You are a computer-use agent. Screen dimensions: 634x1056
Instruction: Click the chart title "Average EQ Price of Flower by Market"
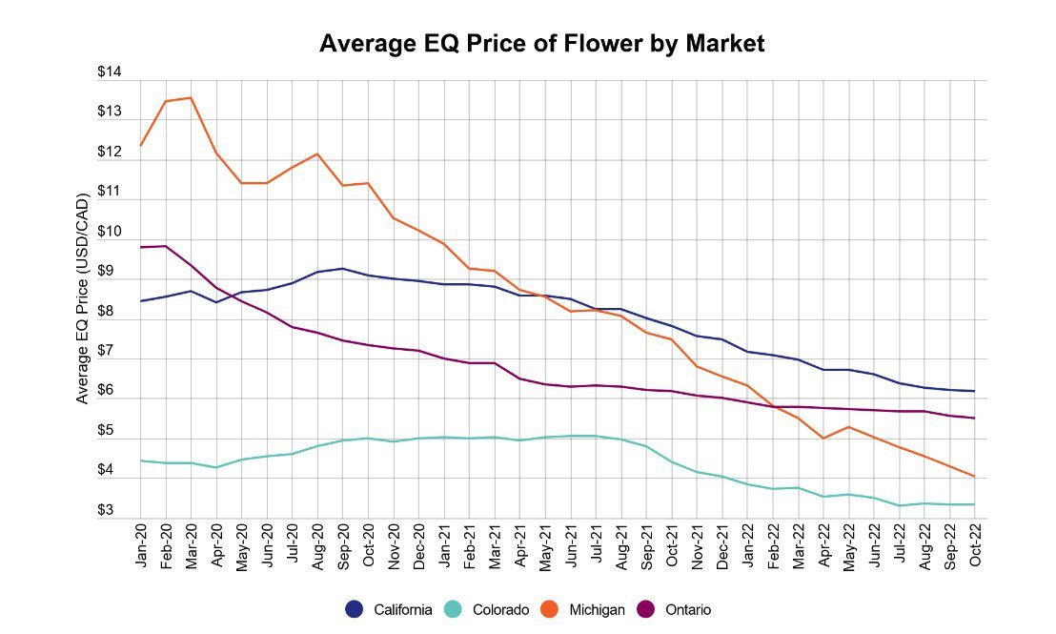tap(541, 44)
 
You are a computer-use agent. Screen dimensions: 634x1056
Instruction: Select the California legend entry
tap(393, 610)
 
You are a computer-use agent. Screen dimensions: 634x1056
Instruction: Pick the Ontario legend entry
tap(676, 610)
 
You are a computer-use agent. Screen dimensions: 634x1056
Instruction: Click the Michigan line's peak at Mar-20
tap(192, 97)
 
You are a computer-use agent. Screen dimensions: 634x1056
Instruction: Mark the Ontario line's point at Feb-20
tap(166, 246)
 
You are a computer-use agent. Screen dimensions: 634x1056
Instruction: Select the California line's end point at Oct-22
tap(974, 391)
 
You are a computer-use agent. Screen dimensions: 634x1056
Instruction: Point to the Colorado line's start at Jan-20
tap(141, 460)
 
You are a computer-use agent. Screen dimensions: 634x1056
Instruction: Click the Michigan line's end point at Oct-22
tap(974, 477)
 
